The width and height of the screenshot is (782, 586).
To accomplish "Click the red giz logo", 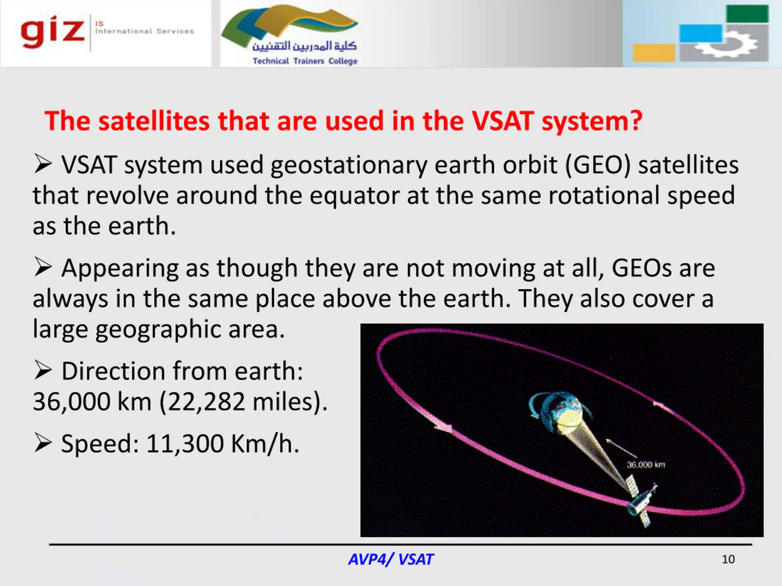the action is [53, 32].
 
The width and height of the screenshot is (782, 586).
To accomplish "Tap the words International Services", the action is [144, 31].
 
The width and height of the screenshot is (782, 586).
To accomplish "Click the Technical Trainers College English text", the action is [305, 61].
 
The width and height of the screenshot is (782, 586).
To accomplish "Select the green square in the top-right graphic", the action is [747, 14].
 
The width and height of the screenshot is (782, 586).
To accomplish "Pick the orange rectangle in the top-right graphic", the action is [654, 52].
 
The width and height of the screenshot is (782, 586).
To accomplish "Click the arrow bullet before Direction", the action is [43, 371].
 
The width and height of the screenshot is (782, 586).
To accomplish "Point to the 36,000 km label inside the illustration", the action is [646, 465].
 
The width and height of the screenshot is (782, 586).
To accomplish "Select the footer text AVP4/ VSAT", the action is [391, 559].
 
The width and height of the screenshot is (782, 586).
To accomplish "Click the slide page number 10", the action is [728, 559].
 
